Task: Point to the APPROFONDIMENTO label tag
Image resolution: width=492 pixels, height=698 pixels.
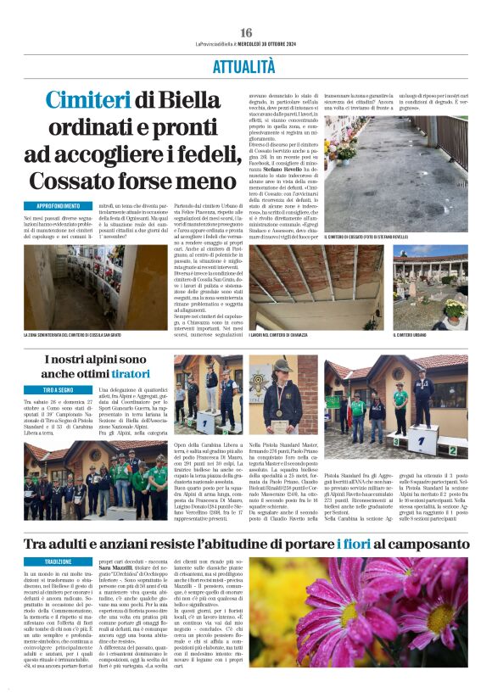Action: point(57,207)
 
